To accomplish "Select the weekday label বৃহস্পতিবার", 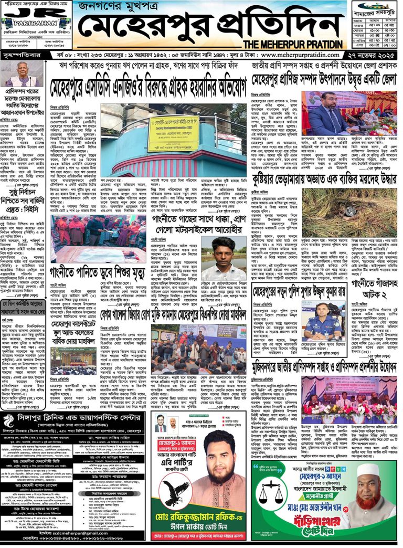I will coord(21,55).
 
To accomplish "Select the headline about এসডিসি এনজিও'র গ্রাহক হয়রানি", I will coord(148,87).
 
